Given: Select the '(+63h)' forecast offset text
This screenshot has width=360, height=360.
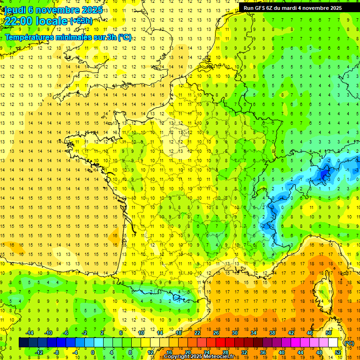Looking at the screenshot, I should pos(81,21).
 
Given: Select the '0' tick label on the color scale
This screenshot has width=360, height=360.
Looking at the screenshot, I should pos(92,352).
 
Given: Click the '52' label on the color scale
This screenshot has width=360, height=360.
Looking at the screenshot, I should pos(338,352).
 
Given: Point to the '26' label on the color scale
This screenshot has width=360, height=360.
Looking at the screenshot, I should pos(216,333).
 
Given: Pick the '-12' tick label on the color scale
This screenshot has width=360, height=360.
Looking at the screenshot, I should pos(39,352).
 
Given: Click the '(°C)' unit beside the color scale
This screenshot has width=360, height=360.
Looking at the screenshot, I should pos(349,343).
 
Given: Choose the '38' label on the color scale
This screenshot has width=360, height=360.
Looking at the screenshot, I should pos(272,333).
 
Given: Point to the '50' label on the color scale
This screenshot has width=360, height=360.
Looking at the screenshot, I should pos(329,333).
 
